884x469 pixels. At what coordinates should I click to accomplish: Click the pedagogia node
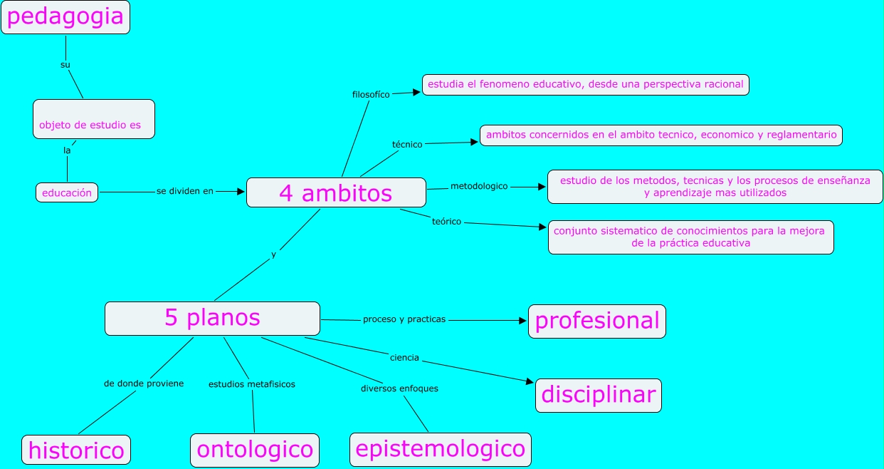click(x=65, y=17)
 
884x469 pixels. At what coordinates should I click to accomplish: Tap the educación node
click(x=67, y=192)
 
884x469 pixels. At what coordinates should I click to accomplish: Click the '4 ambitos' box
click(x=336, y=192)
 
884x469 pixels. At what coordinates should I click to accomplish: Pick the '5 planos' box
click(x=212, y=318)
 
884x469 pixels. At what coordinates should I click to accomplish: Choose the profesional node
click(x=596, y=321)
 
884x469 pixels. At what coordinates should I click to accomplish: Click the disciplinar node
click(x=598, y=395)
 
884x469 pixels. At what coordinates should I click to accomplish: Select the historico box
click(x=76, y=450)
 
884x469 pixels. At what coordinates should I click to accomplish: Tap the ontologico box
click(x=254, y=450)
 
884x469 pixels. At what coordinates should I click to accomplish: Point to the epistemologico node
click(x=440, y=449)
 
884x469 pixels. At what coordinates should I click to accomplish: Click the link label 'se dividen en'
click(x=184, y=191)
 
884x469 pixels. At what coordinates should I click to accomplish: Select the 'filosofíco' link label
click(x=371, y=94)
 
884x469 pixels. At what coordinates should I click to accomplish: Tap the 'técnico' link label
click(x=407, y=144)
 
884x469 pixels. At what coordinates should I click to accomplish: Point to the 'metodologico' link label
click(x=479, y=186)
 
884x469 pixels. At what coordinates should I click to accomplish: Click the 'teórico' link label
click(x=446, y=222)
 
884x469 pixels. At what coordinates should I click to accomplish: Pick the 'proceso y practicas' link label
click(x=404, y=319)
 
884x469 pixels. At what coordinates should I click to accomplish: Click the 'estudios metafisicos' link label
click(x=251, y=384)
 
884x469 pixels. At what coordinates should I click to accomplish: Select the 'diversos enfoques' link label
click(x=399, y=388)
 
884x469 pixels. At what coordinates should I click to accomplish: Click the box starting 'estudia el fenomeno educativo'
click(x=585, y=85)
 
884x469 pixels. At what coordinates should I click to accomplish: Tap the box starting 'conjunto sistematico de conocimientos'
click(x=690, y=237)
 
